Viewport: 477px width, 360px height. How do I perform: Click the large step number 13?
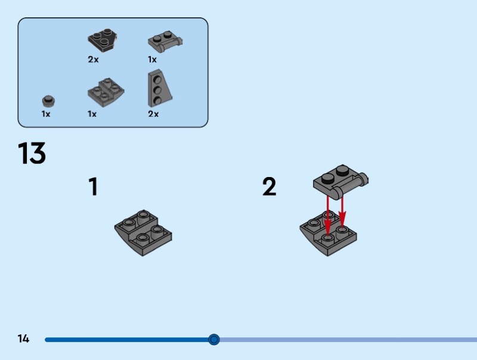[x=32, y=153]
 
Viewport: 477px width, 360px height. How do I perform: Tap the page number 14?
[x=23, y=339]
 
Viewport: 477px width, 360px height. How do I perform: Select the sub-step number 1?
[x=94, y=187]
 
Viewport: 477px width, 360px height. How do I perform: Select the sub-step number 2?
[x=270, y=187]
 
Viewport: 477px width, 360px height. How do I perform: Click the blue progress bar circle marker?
[x=214, y=339]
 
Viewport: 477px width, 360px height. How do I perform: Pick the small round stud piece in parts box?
[x=48, y=101]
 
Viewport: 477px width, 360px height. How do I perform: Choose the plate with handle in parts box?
[x=165, y=42]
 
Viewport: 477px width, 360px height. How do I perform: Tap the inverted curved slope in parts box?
[x=106, y=92]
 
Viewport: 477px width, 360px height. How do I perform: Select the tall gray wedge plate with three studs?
[x=159, y=88]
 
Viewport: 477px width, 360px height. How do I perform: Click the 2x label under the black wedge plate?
[x=94, y=60]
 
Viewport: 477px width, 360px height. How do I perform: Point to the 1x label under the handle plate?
[x=153, y=60]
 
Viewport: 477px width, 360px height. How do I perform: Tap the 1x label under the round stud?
[x=46, y=114]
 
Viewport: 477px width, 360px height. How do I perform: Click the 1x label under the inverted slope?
[x=92, y=114]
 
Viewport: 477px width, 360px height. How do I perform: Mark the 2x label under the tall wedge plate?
[x=153, y=114]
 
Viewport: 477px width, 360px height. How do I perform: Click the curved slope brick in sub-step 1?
[x=143, y=233]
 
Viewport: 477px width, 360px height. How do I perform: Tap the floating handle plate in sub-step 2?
[x=340, y=182]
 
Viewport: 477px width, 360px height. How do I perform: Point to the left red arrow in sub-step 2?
[x=327, y=218]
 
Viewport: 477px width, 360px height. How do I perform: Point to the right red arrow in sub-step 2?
[x=342, y=212]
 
